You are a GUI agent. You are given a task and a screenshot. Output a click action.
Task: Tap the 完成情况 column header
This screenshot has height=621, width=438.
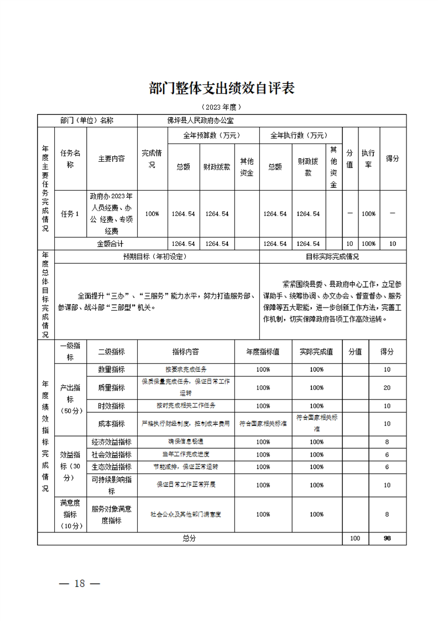pyautogui.click(x=152, y=158)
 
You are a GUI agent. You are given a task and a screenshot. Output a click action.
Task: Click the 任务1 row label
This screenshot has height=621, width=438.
pyautogui.click(x=70, y=214)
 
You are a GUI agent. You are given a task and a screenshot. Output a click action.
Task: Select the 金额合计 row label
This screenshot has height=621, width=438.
pyautogui.click(x=111, y=243)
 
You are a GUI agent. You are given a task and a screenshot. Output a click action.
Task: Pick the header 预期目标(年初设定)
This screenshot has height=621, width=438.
pyautogui.click(x=155, y=256)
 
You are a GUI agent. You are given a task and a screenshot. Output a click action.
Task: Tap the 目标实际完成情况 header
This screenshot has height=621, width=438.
pyautogui.click(x=332, y=256)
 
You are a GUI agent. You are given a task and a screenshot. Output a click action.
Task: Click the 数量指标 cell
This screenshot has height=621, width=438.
pyautogui.click(x=112, y=369)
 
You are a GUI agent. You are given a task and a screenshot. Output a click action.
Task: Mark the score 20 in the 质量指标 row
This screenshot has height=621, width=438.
pyautogui.click(x=387, y=388)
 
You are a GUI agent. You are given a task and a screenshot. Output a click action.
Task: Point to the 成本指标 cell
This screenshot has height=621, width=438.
pyautogui.click(x=112, y=424)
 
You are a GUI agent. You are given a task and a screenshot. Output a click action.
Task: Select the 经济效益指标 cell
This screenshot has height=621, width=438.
pyautogui.click(x=112, y=442)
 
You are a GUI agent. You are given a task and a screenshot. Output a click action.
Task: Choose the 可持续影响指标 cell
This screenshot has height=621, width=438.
pyautogui.click(x=112, y=485)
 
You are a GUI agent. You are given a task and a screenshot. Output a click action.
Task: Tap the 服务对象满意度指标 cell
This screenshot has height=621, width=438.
pyautogui.click(x=112, y=514)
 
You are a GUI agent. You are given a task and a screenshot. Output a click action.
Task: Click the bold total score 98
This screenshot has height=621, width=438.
pyautogui.click(x=387, y=538)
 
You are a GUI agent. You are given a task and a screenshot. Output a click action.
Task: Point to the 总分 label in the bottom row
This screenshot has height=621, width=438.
pyautogui.click(x=189, y=538)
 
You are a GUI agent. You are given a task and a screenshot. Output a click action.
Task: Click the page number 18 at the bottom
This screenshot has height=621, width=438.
pyautogui.click(x=80, y=583)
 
